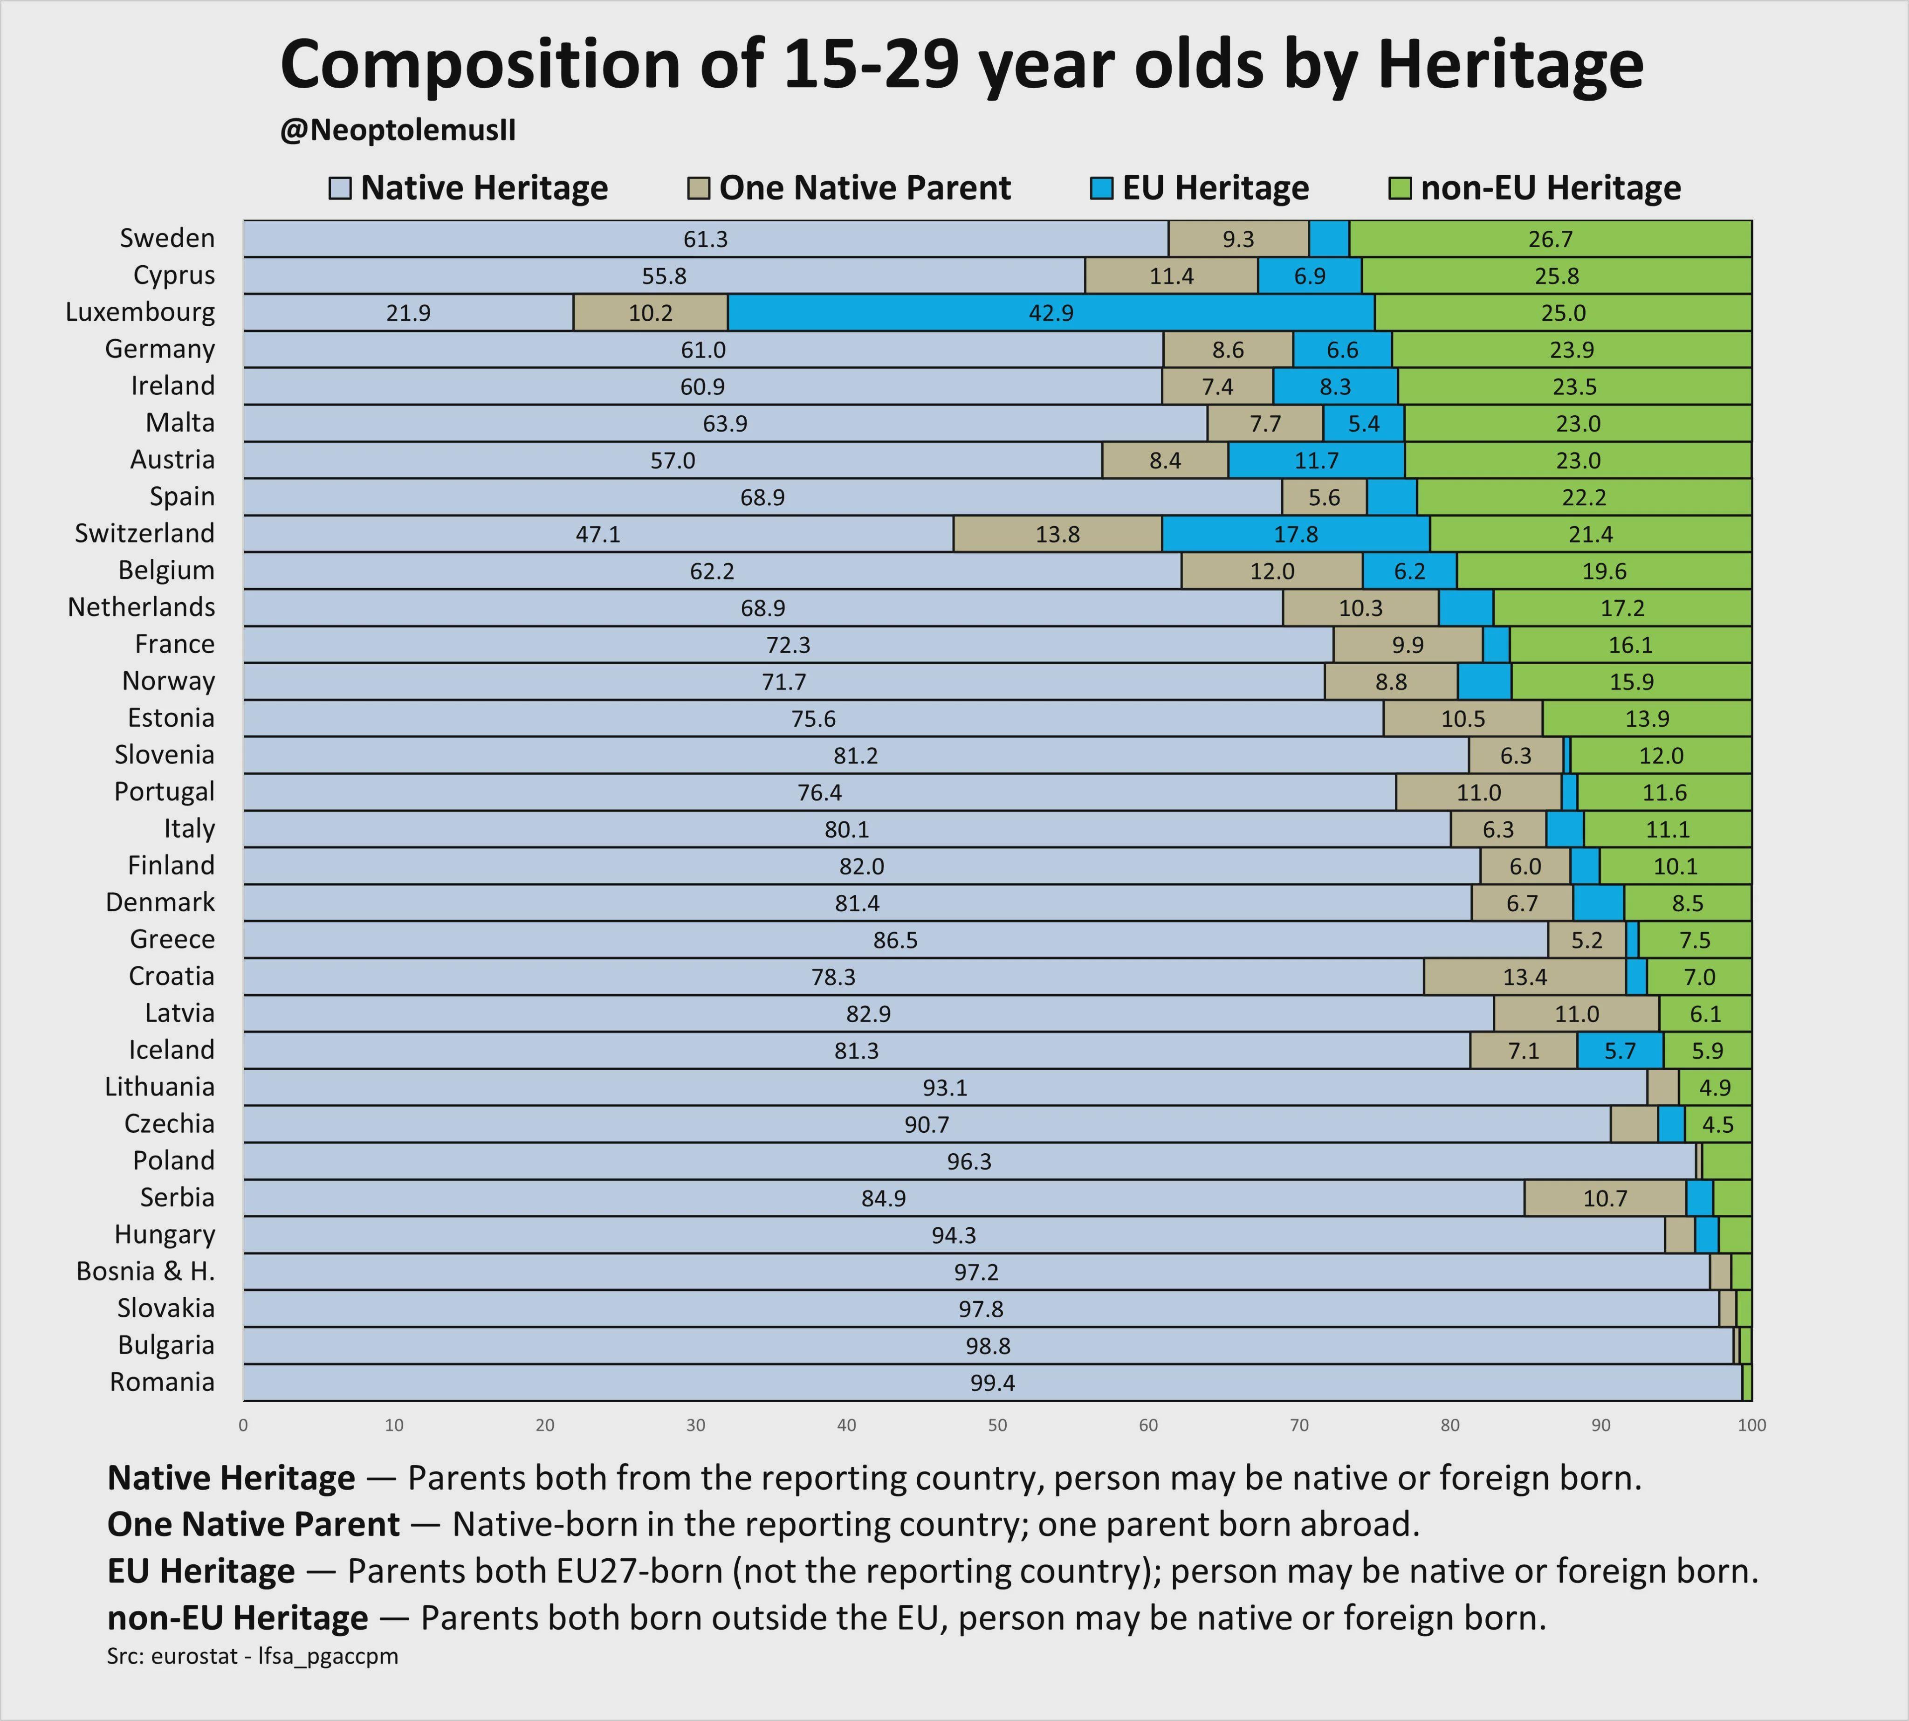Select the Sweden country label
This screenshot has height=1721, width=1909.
point(167,238)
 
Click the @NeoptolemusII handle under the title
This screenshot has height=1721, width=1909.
point(398,131)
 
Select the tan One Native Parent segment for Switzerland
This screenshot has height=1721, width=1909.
point(1057,534)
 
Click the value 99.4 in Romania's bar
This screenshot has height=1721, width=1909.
point(992,1384)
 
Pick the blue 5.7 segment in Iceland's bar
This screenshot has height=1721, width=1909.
point(1620,1051)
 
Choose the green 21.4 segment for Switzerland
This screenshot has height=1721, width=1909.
point(1590,534)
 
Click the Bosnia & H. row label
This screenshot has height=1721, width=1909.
point(145,1272)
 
